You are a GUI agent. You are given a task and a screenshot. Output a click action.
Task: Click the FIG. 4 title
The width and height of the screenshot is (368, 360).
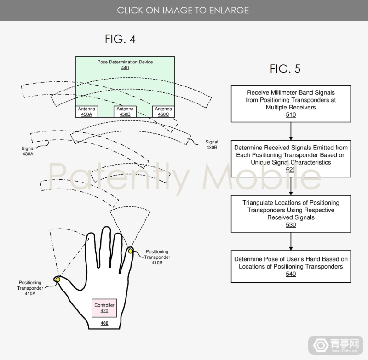pyautogui.click(x=120, y=40)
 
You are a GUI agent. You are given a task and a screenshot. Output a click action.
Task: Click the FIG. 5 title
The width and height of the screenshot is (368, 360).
pyautogui.click(x=285, y=69)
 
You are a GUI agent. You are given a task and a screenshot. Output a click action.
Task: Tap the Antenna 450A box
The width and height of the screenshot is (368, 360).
pyautogui.click(x=86, y=111)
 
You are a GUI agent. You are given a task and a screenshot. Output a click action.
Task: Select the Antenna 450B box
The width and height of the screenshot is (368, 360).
pyautogui.click(x=125, y=111)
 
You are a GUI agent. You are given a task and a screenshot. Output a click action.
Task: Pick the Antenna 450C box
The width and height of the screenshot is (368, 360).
pyautogui.click(x=163, y=111)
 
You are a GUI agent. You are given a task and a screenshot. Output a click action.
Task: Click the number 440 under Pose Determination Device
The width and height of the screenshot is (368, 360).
pyautogui.click(x=125, y=68)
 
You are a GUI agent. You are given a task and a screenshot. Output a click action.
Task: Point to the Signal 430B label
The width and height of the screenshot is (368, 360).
pyautogui.click(x=212, y=145)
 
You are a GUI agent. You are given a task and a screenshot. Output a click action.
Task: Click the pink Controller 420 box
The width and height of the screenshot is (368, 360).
pyautogui.click(x=104, y=308)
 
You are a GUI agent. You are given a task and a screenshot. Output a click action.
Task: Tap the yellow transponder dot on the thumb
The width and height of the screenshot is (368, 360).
pyautogui.click(x=58, y=279)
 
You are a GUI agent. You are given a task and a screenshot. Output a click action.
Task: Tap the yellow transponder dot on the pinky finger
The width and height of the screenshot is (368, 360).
pyautogui.click(x=131, y=251)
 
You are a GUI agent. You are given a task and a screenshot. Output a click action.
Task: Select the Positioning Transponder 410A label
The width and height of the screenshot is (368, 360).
pyautogui.click(x=30, y=288)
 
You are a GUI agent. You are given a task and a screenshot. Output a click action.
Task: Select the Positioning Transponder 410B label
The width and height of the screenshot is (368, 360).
pyautogui.click(x=157, y=257)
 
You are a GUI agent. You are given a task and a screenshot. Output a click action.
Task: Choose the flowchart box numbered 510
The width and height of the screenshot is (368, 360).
pyautogui.click(x=291, y=103)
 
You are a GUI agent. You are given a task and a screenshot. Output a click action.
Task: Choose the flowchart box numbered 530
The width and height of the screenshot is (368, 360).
pyautogui.click(x=291, y=213)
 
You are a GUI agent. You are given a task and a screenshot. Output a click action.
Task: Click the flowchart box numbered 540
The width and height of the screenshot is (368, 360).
pyautogui.click(x=291, y=266)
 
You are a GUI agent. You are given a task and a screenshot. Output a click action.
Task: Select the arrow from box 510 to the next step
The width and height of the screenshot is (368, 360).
pyautogui.click(x=291, y=131)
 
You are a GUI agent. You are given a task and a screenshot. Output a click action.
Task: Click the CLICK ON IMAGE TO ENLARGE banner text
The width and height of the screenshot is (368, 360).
pyautogui.click(x=183, y=10)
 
